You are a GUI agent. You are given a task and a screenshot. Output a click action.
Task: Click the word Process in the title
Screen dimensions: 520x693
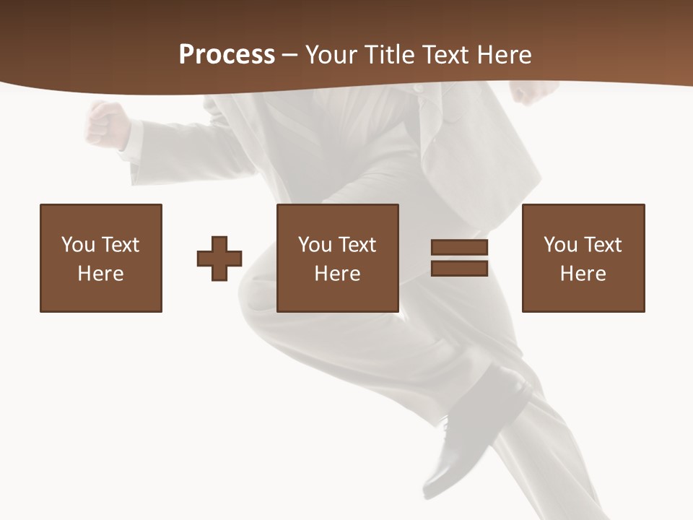[227, 55]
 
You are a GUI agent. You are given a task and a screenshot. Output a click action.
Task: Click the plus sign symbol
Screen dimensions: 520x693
[219, 258]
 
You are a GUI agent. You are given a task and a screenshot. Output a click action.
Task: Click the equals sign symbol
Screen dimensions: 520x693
[459, 258]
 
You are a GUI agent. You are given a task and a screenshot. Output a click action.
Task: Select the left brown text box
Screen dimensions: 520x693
[101, 258]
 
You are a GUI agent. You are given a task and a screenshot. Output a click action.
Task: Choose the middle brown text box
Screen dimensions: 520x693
[338, 258]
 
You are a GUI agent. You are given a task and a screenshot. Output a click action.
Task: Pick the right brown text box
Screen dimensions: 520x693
[583, 258]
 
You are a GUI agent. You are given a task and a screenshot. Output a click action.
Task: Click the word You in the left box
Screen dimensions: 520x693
[78, 245]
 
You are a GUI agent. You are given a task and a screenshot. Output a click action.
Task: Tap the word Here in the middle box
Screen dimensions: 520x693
[338, 274]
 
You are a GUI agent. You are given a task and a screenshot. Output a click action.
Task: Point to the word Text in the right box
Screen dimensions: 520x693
[603, 245]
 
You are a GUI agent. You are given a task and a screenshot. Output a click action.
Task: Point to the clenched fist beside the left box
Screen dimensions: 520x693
[107, 125]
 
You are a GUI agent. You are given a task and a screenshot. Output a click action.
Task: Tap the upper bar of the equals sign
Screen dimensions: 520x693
[459, 247]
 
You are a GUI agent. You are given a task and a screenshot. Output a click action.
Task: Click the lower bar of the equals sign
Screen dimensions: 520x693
[459, 269]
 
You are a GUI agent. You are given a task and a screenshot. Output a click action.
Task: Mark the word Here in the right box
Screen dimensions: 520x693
[583, 274]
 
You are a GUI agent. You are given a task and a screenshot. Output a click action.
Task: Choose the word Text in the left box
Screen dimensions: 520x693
[120, 245]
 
